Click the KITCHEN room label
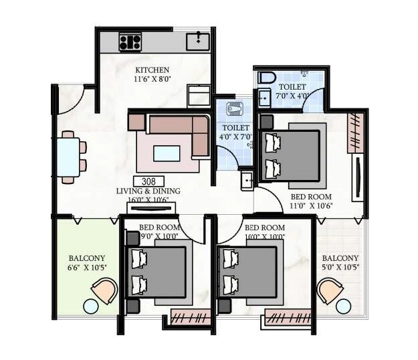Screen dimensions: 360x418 click(152, 70)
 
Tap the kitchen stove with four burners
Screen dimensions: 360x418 click(130, 41)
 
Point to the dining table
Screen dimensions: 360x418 click(68, 157)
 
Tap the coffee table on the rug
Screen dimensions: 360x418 click(167, 153)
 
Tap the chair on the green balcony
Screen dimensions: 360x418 click(104, 290)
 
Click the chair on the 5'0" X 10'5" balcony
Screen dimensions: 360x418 click(330, 290)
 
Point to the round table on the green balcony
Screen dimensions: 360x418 click(90, 306)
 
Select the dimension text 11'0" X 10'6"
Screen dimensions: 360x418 click(312, 206)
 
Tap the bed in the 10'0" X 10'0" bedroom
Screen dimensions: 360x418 click(248, 274)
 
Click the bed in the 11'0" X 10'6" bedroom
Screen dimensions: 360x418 click(293, 155)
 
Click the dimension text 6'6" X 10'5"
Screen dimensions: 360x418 click(88, 268)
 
